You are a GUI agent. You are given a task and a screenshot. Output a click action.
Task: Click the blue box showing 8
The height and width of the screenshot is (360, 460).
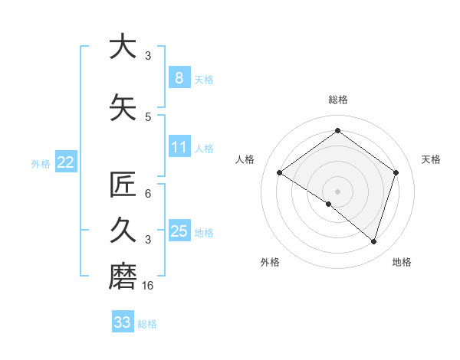(x=179, y=77)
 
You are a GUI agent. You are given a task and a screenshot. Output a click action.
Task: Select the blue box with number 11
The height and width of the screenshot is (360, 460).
(x=179, y=147)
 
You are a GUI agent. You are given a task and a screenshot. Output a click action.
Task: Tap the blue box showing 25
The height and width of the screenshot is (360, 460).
(x=179, y=231)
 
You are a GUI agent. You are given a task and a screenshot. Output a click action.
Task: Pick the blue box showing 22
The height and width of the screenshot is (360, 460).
(x=66, y=162)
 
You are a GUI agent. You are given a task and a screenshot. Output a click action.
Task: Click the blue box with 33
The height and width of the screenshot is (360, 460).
(x=123, y=322)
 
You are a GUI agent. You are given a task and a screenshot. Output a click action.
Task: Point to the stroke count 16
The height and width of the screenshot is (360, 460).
(x=149, y=285)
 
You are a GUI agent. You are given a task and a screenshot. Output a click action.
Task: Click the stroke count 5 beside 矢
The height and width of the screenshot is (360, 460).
(x=148, y=116)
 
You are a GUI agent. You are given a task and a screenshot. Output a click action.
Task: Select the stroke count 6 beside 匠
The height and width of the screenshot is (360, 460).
(x=148, y=193)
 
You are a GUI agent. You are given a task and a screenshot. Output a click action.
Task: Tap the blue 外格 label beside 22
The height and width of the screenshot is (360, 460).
(x=41, y=163)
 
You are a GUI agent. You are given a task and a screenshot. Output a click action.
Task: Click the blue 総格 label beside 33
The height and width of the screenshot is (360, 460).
(x=147, y=324)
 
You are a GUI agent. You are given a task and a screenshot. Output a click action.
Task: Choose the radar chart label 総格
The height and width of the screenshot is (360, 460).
(x=337, y=100)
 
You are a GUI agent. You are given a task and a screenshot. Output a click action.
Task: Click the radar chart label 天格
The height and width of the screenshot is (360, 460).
(x=431, y=159)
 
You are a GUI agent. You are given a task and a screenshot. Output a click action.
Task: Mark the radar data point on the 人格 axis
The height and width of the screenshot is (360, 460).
(x=279, y=173)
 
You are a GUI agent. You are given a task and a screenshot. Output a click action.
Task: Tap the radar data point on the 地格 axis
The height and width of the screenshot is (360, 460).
(x=373, y=241)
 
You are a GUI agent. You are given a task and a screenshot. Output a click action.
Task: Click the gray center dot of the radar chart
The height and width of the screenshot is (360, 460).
(x=337, y=191)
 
